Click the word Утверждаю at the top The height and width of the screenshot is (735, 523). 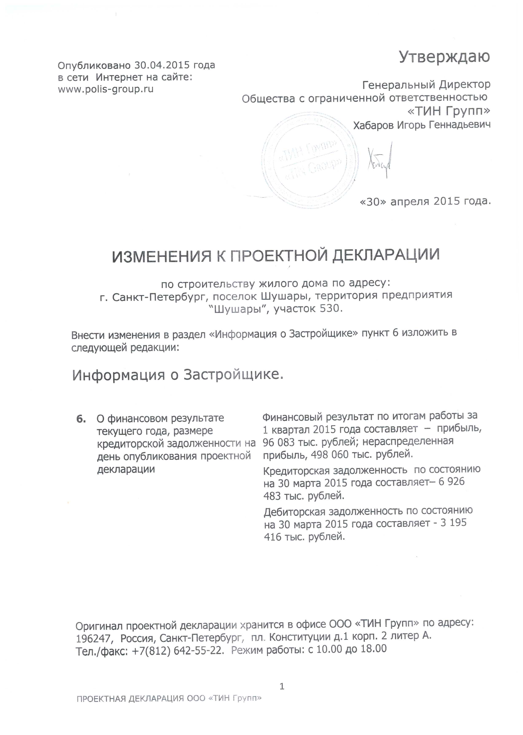(444, 57)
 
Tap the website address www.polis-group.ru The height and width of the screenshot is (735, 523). (106, 89)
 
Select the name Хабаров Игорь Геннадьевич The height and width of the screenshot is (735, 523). (422, 125)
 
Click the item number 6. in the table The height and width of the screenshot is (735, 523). (81, 418)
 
